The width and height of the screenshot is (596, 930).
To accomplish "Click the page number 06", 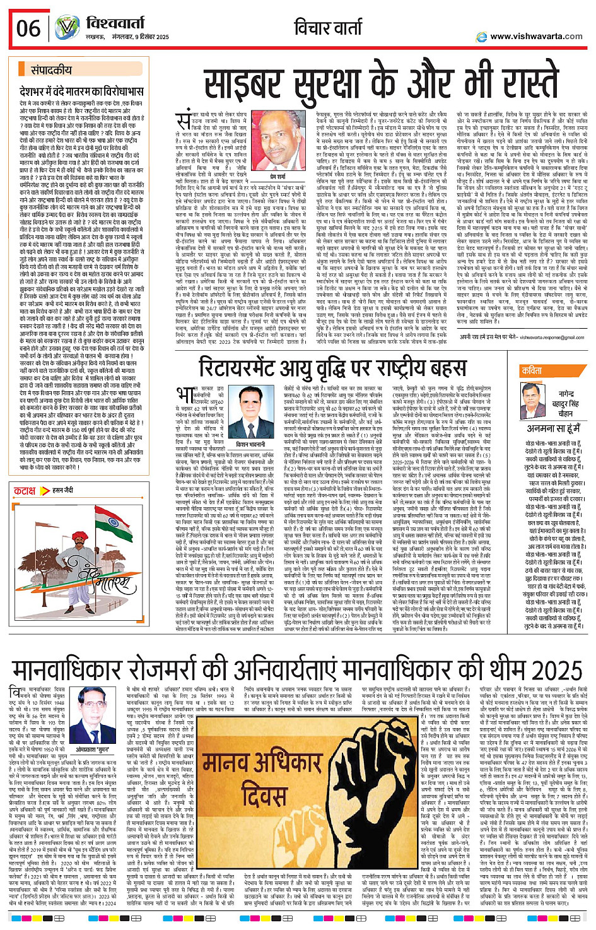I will point(28,28).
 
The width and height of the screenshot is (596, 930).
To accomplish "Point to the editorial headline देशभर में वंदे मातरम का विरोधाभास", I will point(82,91).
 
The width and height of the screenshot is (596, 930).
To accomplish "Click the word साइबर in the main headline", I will point(255,82).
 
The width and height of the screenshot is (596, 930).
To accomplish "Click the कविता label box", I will point(532,371).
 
